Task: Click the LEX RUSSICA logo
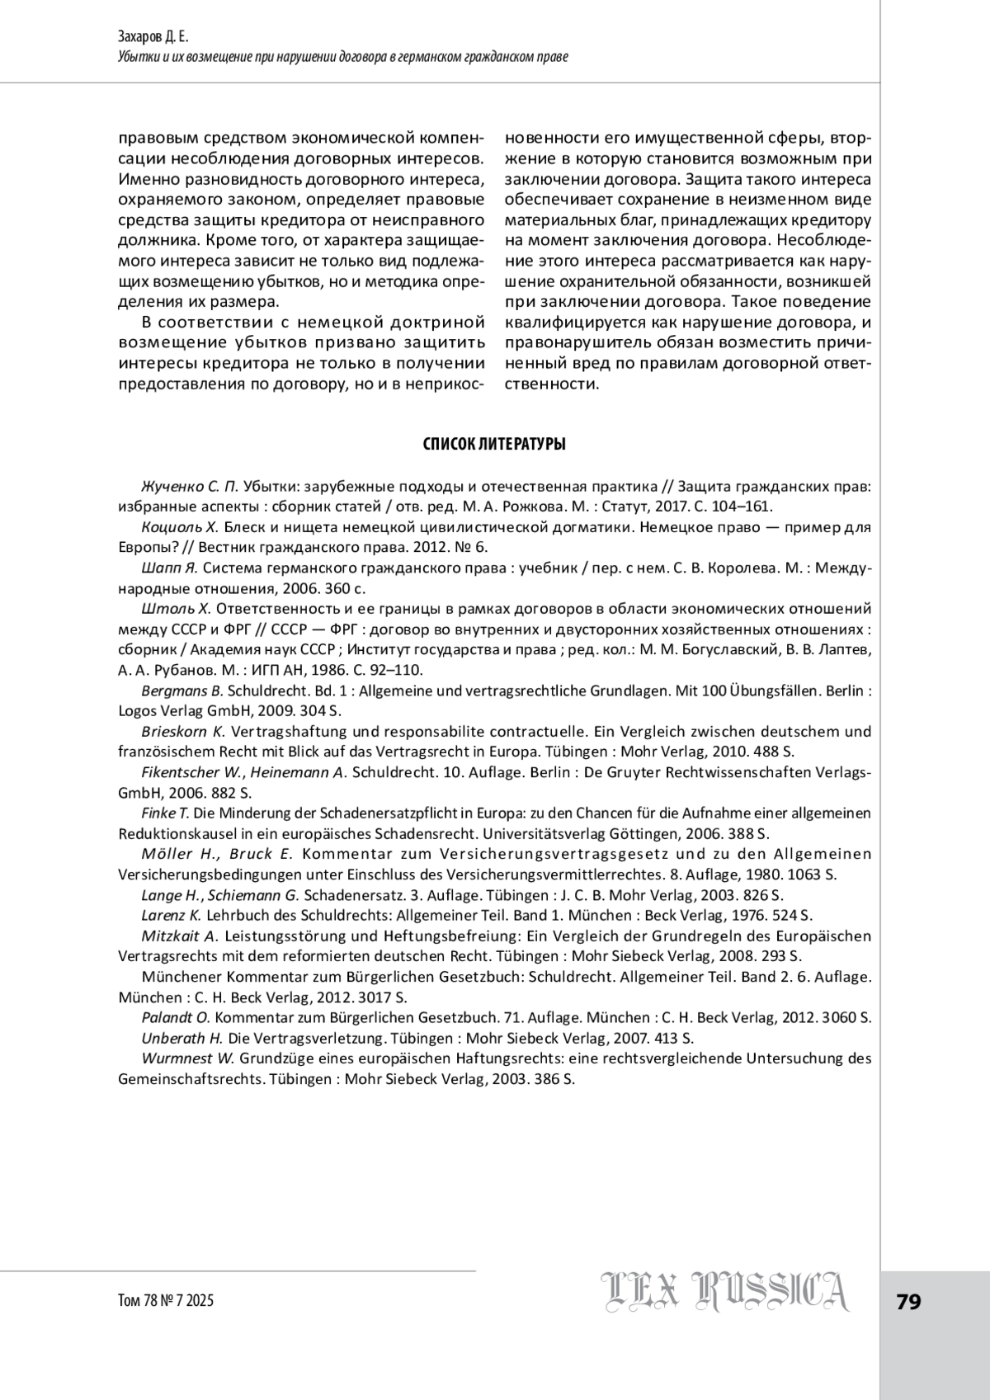pyautogui.click(x=725, y=1292)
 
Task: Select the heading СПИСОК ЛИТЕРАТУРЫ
pyautogui.click(x=494, y=445)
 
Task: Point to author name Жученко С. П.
pyautogui.click(x=190, y=486)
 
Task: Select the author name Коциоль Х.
pyautogui.click(x=180, y=527)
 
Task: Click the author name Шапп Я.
pyautogui.click(x=170, y=568)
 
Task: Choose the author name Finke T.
pyautogui.click(x=166, y=813)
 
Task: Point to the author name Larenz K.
pyautogui.click(x=172, y=915)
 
